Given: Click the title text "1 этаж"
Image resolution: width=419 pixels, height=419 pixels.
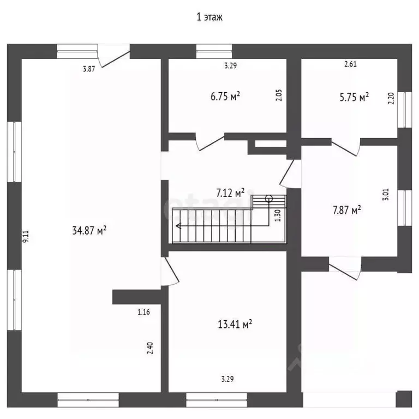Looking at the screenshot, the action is [x=209, y=17].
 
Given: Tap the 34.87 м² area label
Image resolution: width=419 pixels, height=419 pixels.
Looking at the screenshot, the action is [x=89, y=230].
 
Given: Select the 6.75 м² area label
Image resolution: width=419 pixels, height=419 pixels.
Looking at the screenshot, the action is [x=225, y=96].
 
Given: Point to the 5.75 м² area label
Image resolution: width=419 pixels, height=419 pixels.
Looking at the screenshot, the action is [x=354, y=97].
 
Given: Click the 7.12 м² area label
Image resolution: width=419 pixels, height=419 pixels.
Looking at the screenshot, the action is [x=230, y=193].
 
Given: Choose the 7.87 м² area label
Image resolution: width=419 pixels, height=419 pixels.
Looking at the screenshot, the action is [x=347, y=209].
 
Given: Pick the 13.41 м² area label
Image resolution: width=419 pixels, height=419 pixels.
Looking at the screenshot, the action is [x=235, y=324].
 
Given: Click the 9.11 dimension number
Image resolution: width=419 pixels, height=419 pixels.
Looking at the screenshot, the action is [x=26, y=236].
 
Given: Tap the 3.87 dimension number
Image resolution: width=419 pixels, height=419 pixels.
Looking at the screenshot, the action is [x=89, y=69].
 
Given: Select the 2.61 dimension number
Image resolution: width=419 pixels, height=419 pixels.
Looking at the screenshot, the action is [x=350, y=64].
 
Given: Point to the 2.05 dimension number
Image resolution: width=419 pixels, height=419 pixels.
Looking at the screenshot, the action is [x=279, y=95].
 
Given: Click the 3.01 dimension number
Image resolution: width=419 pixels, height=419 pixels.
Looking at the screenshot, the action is [x=386, y=195].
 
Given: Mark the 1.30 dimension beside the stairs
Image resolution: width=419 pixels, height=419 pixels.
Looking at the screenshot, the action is [x=278, y=216].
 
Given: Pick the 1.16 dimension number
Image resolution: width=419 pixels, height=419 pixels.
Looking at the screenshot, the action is [x=144, y=312].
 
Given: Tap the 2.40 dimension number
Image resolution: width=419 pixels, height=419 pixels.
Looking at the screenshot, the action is [x=150, y=348].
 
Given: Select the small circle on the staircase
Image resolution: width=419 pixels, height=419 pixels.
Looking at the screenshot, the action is [x=269, y=199].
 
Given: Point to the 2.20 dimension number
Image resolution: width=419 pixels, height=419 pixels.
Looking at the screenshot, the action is [x=391, y=98].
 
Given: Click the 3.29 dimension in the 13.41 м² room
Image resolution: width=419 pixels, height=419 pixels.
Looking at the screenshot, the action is [x=228, y=379].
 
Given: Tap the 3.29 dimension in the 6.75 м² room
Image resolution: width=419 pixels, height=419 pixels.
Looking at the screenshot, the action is [x=230, y=65].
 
